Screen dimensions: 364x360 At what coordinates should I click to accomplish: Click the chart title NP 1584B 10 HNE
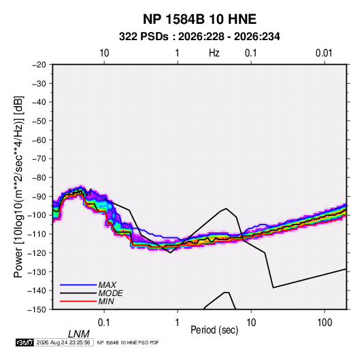point(199,19)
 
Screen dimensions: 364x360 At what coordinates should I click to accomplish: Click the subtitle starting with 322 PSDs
point(199,37)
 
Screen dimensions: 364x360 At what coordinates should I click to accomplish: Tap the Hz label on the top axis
point(214,53)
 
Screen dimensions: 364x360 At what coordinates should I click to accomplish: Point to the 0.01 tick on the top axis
point(324,53)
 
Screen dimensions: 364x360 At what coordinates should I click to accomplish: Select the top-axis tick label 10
point(104,53)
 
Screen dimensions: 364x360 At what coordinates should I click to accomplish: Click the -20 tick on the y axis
point(39,65)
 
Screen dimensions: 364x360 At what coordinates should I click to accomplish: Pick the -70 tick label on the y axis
point(39,159)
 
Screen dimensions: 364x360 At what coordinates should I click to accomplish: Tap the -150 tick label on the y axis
point(37,310)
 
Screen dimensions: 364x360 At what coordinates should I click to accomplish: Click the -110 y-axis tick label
point(37,234)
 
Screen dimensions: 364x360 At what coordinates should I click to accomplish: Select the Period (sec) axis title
point(214,330)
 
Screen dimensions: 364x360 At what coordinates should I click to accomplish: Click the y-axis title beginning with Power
point(18,187)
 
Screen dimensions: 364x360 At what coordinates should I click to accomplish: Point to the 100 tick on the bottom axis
point(325,323)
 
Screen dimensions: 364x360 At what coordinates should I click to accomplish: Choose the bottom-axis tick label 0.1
point(104,323)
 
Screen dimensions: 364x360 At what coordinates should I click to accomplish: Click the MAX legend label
point(107,285)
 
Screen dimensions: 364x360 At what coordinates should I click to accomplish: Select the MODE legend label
point(110,293)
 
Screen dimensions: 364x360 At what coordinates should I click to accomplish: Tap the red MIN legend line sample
point(78,301)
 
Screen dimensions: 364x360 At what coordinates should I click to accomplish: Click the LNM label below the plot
point(79,334)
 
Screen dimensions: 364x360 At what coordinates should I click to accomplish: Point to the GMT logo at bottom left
point(25,342)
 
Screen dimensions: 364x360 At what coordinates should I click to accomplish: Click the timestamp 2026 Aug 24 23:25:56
point(63,342)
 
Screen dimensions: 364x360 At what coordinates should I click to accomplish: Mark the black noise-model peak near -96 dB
point(226,208)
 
